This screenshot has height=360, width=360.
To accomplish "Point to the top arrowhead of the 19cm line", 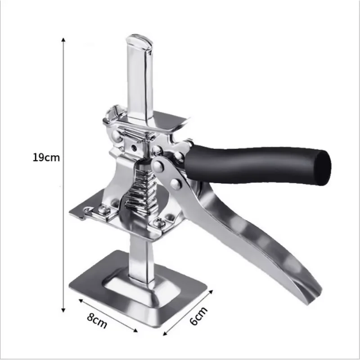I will point(63,40).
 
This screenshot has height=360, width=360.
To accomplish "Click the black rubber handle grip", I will point(256,164).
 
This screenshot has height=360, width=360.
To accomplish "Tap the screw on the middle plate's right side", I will point(158,222).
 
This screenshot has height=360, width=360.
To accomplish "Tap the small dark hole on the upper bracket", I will point(133,147).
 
